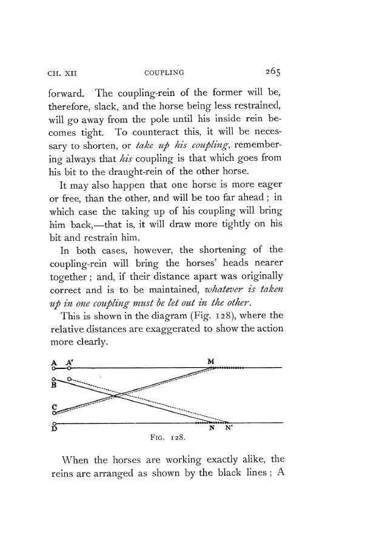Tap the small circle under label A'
(x=70, y=367)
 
